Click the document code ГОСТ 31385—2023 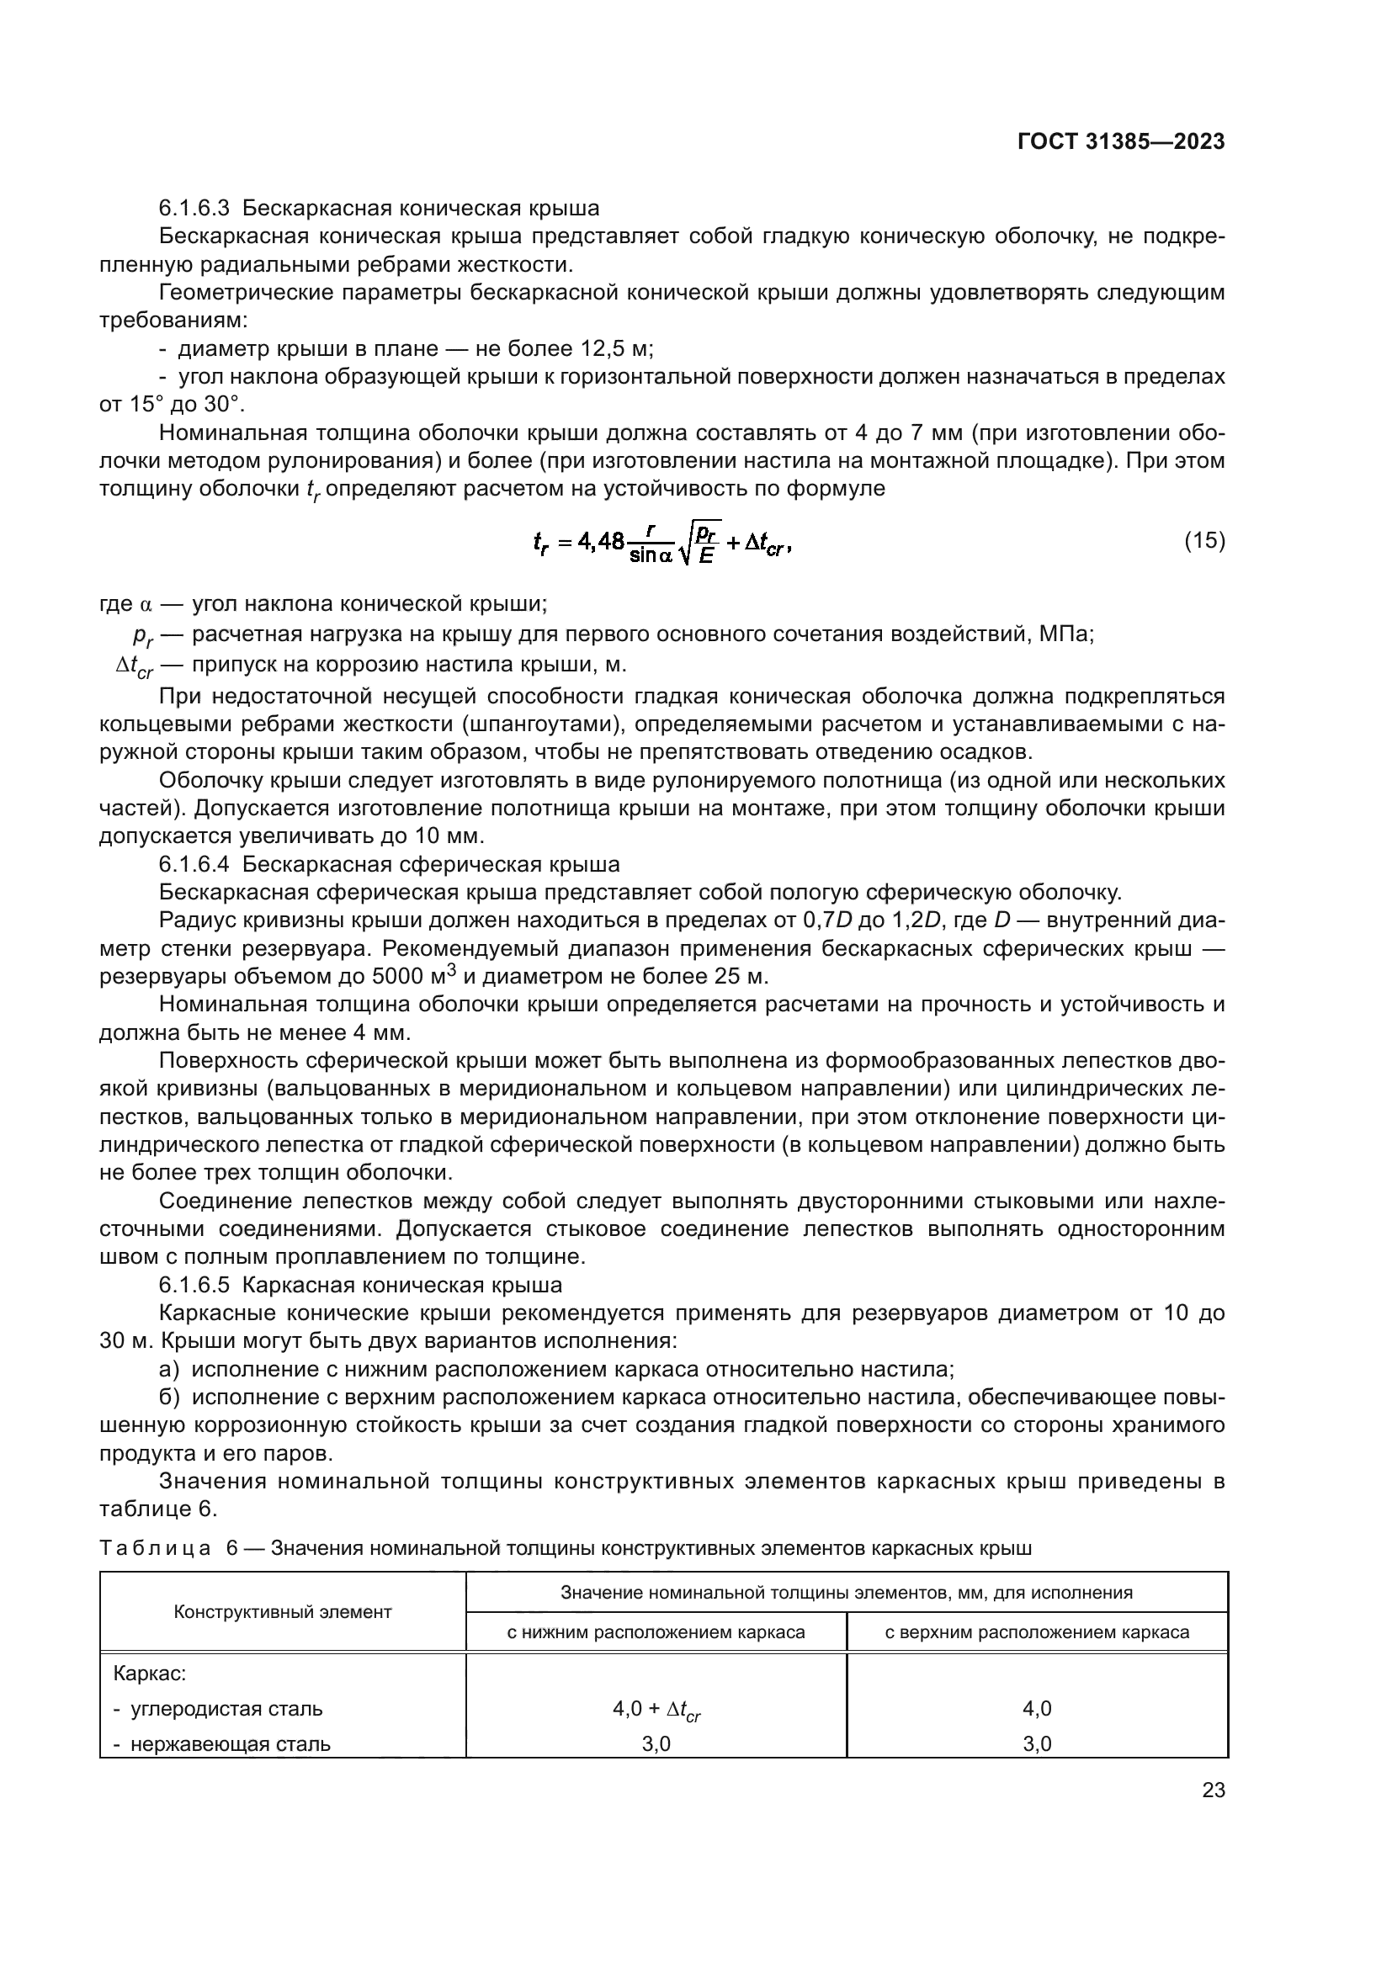(x=1120, y=142)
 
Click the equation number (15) (x=1204, y=541)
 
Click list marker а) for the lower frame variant (x=169, y=1369)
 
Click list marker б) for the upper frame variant (x=169, y=1398)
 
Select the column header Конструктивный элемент (x=282, y=1611)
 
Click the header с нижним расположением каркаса (x=656, y=1632)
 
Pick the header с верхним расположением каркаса (x=1036, y=1632)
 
